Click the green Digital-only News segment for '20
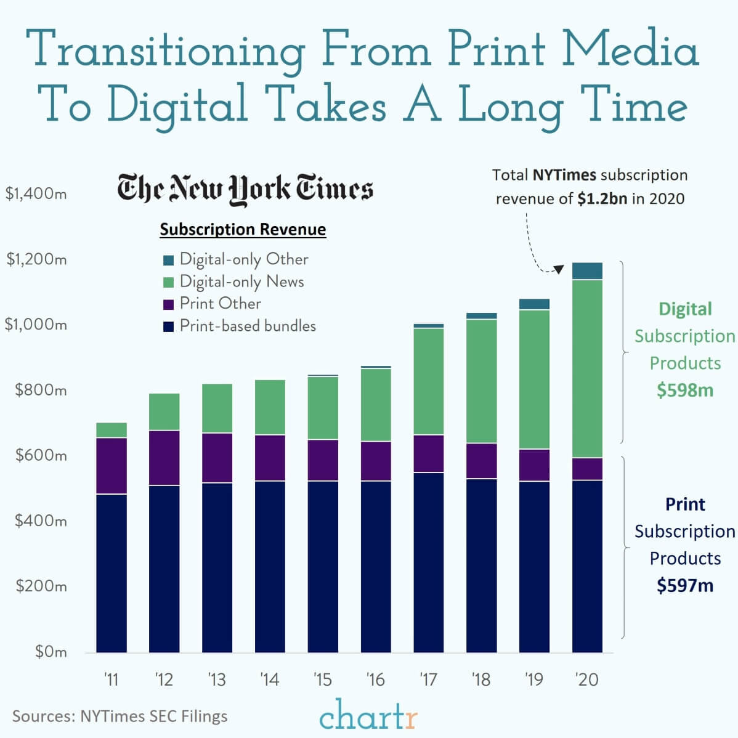click(587, 368)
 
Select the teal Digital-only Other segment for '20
click(587, 271)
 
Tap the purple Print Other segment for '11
click(112, 466)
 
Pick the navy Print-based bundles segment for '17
click(429, 562)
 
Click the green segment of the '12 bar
click(164, 412)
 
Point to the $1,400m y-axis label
click(36, 194)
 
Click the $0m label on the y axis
click(51, 652)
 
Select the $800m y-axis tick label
click(41, 390)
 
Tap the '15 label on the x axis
click(322, 679)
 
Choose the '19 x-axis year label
click(533, 679)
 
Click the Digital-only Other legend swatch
click(168, 260)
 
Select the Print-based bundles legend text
click(248, 326)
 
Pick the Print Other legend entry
click(220, 304)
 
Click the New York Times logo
click(245, 188)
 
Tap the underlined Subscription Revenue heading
click(243, 230)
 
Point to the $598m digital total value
click(684, 390)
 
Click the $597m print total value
click(684, 585)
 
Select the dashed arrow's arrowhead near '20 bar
click(559, 269)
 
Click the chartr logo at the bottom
click(368, 716)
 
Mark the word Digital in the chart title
click(177, 103)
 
